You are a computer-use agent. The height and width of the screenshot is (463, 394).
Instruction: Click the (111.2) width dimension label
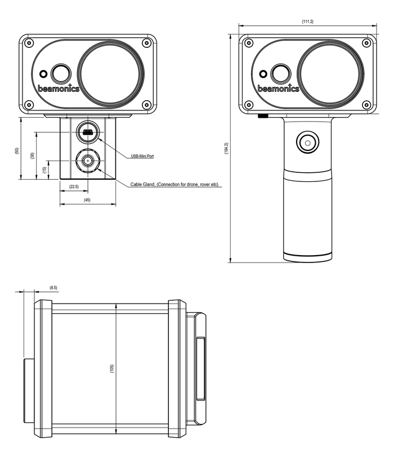coord(307,21)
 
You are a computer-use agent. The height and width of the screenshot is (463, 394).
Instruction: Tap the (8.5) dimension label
coord(53,288)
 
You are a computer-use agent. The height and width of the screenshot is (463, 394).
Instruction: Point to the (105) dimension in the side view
coord(111,369)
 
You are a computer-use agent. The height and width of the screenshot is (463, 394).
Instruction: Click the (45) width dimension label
coord(87,200)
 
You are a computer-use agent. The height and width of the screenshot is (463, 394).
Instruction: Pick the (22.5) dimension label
coord(74,186)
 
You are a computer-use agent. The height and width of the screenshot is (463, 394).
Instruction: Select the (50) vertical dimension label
coord(16,151)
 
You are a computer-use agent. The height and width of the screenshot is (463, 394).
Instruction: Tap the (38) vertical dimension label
coord(32,156)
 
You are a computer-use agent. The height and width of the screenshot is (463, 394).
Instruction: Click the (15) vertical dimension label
coord(44,170)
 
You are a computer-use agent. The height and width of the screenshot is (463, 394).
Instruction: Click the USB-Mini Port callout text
coord(142,156)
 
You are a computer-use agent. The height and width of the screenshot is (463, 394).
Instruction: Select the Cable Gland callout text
coord(174,184)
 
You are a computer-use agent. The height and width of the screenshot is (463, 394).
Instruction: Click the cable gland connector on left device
coord(87,161)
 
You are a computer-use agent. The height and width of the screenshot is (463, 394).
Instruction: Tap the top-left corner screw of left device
coord(29,43)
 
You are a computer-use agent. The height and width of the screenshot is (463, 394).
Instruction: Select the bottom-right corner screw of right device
coord(366,104)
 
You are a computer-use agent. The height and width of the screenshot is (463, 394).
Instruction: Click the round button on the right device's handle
coord(307,143)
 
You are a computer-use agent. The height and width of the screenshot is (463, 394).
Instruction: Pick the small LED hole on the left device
coord(43,73)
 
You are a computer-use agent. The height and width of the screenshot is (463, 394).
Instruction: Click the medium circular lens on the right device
coord(280,73)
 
